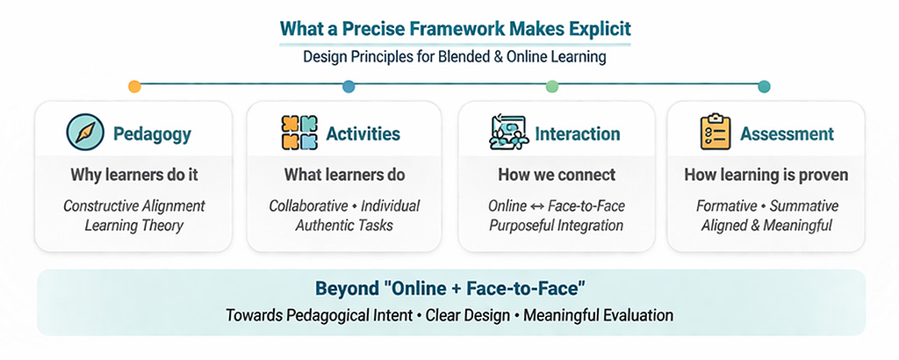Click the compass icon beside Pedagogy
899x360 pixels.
tap(85, 133)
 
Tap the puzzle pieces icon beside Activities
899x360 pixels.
tap(299, 133)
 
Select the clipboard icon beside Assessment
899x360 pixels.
tap(716, 132)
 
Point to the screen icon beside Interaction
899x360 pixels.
tap(509, 133)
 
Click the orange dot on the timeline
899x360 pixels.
tap(134, 87)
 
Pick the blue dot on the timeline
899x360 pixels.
tap(349, 87)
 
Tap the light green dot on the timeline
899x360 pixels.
tap(552, 87)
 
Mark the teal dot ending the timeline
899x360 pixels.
tap(764, 87)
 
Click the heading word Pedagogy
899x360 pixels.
tap(152, 134)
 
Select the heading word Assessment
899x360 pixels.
tap(787, 134)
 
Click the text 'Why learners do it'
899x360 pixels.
tap(134, 175)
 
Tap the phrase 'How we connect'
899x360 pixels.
tap(557, 175)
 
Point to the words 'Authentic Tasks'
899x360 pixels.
tap(344, 226)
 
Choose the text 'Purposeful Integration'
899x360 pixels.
tap(556, 226)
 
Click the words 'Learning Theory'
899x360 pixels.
tap(134, 226)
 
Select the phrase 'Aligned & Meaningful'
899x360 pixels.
tap(766, 226)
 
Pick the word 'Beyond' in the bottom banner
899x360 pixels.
tap(342, 289)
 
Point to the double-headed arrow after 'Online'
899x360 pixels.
tap(537, 205)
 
